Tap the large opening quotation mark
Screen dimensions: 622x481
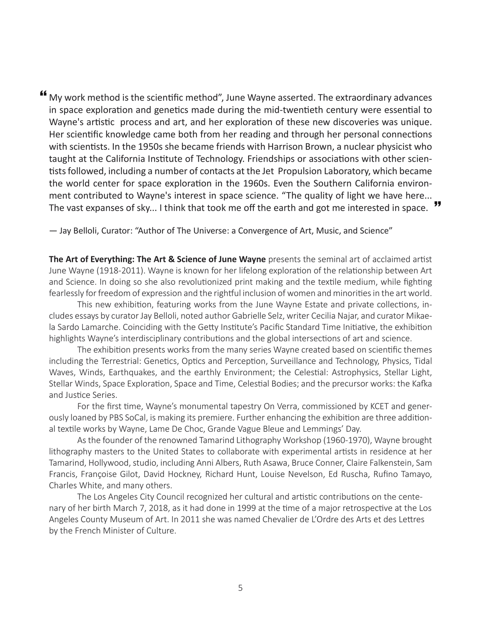pos(43,95)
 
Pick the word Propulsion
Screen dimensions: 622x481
pos(299,171)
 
